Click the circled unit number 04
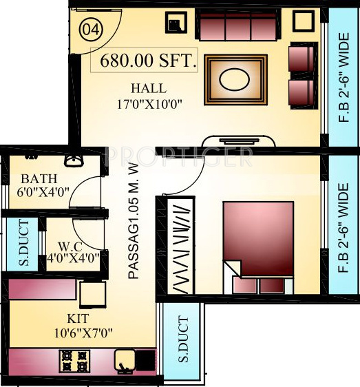[90, 30]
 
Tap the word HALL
[148, 89]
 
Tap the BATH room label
[34, 178]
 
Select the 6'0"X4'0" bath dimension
[43, 193]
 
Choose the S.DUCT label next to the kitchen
[182, 340]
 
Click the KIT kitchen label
[77, 319]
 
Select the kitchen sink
[125, 359]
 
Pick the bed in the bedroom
[256, 244]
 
